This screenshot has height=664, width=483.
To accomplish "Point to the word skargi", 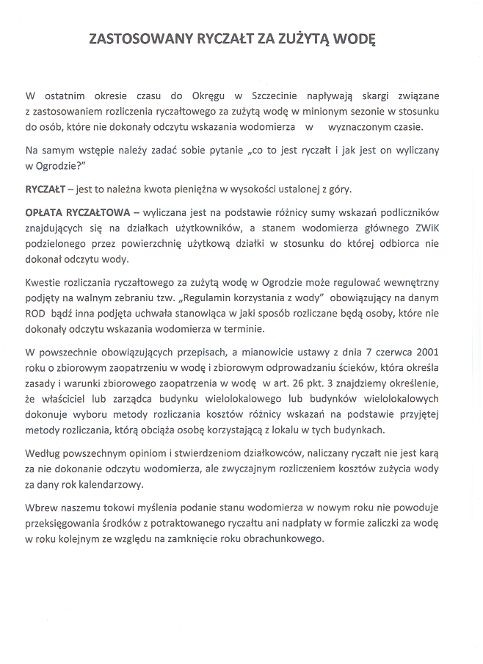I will (374, 96).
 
